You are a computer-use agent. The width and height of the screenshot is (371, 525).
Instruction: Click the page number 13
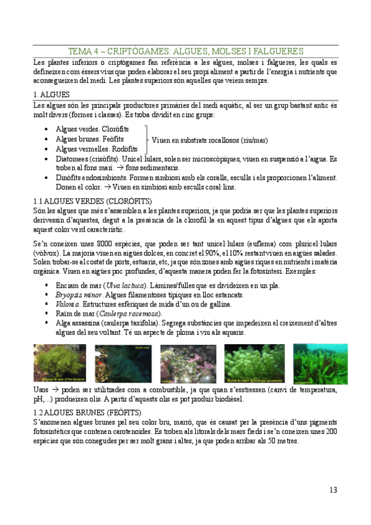(x=333, y=490)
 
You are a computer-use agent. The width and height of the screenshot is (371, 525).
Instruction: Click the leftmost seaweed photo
(x=59, y=364)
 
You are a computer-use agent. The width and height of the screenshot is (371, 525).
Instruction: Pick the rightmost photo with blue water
(x=311, y=364)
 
